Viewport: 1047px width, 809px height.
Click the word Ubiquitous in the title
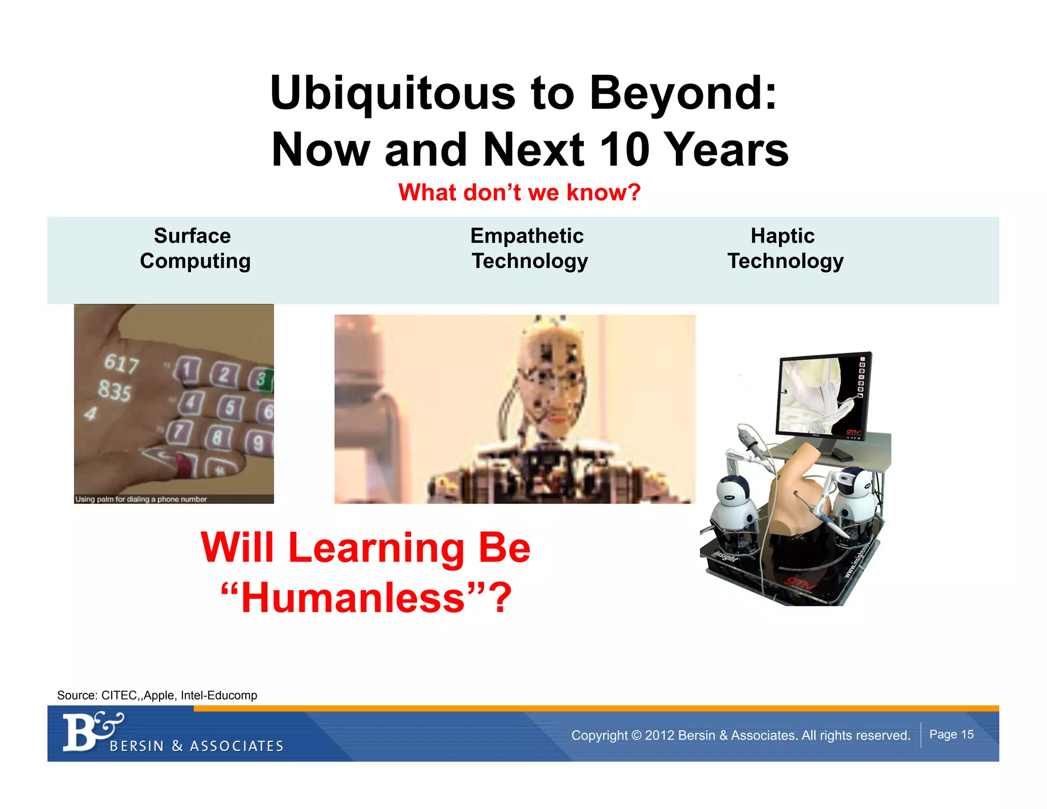(x=393, y=94)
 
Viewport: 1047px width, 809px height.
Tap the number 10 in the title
(x=627, y=149)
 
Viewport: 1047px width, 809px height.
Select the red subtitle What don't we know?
(x=519, y=193)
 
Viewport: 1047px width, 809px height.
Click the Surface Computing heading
(x=194, y=248)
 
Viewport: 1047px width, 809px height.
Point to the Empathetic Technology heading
(x=529, y=248)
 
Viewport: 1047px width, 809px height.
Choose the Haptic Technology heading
(x=784, y=248)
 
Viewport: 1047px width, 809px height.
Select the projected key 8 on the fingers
(x=218, y=437)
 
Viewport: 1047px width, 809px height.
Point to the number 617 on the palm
(x=122, y=364)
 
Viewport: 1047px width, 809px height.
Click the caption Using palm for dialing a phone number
(x=141, y=499)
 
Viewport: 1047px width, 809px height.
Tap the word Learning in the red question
(x=376, y=548)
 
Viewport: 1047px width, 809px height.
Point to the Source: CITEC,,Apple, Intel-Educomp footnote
(x=157, y=695)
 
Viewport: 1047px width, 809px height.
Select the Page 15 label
(x=951, y=734)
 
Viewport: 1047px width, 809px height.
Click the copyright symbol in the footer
(x=636, y=735)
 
